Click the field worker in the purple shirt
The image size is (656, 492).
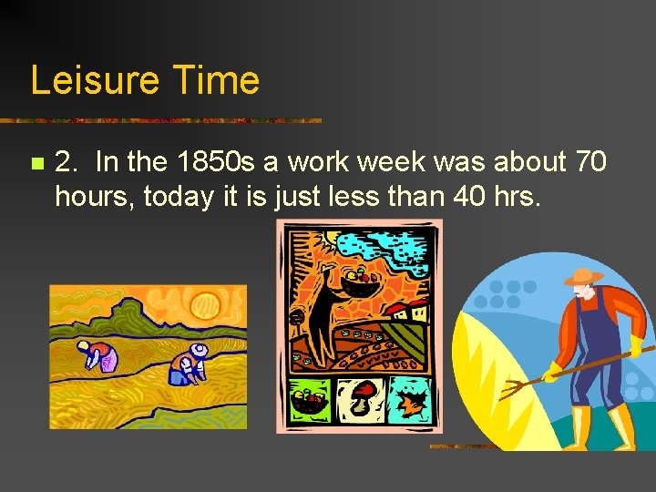pos(95,355)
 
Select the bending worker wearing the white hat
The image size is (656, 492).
pos(189,363)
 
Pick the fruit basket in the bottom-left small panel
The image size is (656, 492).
pos(309,399)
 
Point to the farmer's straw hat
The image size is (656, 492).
pos(583,275)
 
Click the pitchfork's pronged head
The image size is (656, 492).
pos(515,387)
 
